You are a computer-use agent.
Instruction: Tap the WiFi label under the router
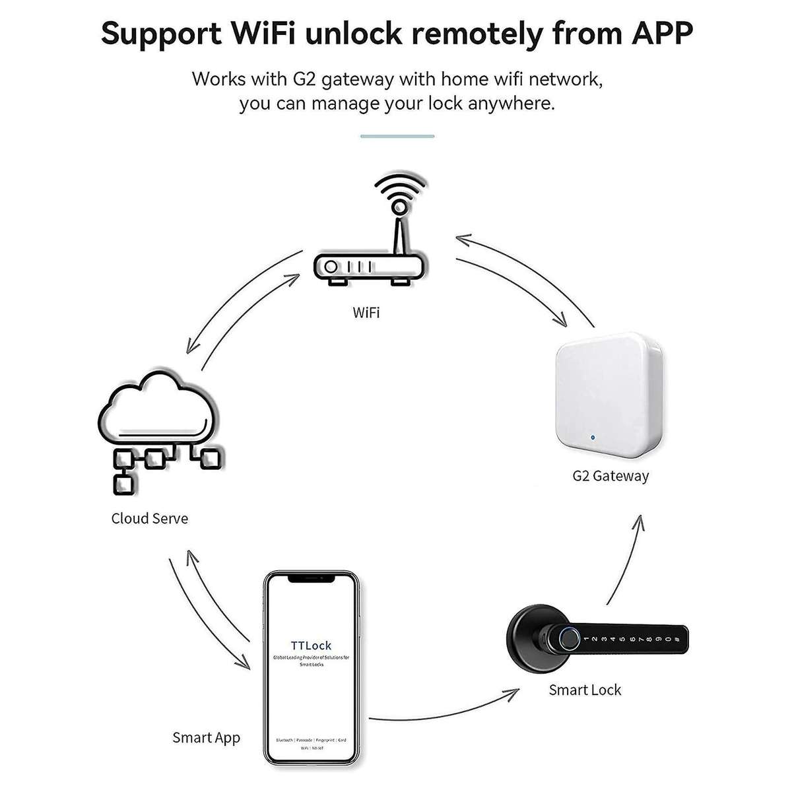(366, 312)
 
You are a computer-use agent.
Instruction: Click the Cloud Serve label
(149, 519)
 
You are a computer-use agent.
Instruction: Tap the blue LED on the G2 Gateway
(593, 437)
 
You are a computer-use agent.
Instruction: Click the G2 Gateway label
(610, 476)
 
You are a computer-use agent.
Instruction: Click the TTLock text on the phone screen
(311, 645)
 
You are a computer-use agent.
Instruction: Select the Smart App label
(206, 737)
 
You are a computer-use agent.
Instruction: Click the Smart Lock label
(585, 690)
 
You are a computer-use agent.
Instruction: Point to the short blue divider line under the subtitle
(397, 136)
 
